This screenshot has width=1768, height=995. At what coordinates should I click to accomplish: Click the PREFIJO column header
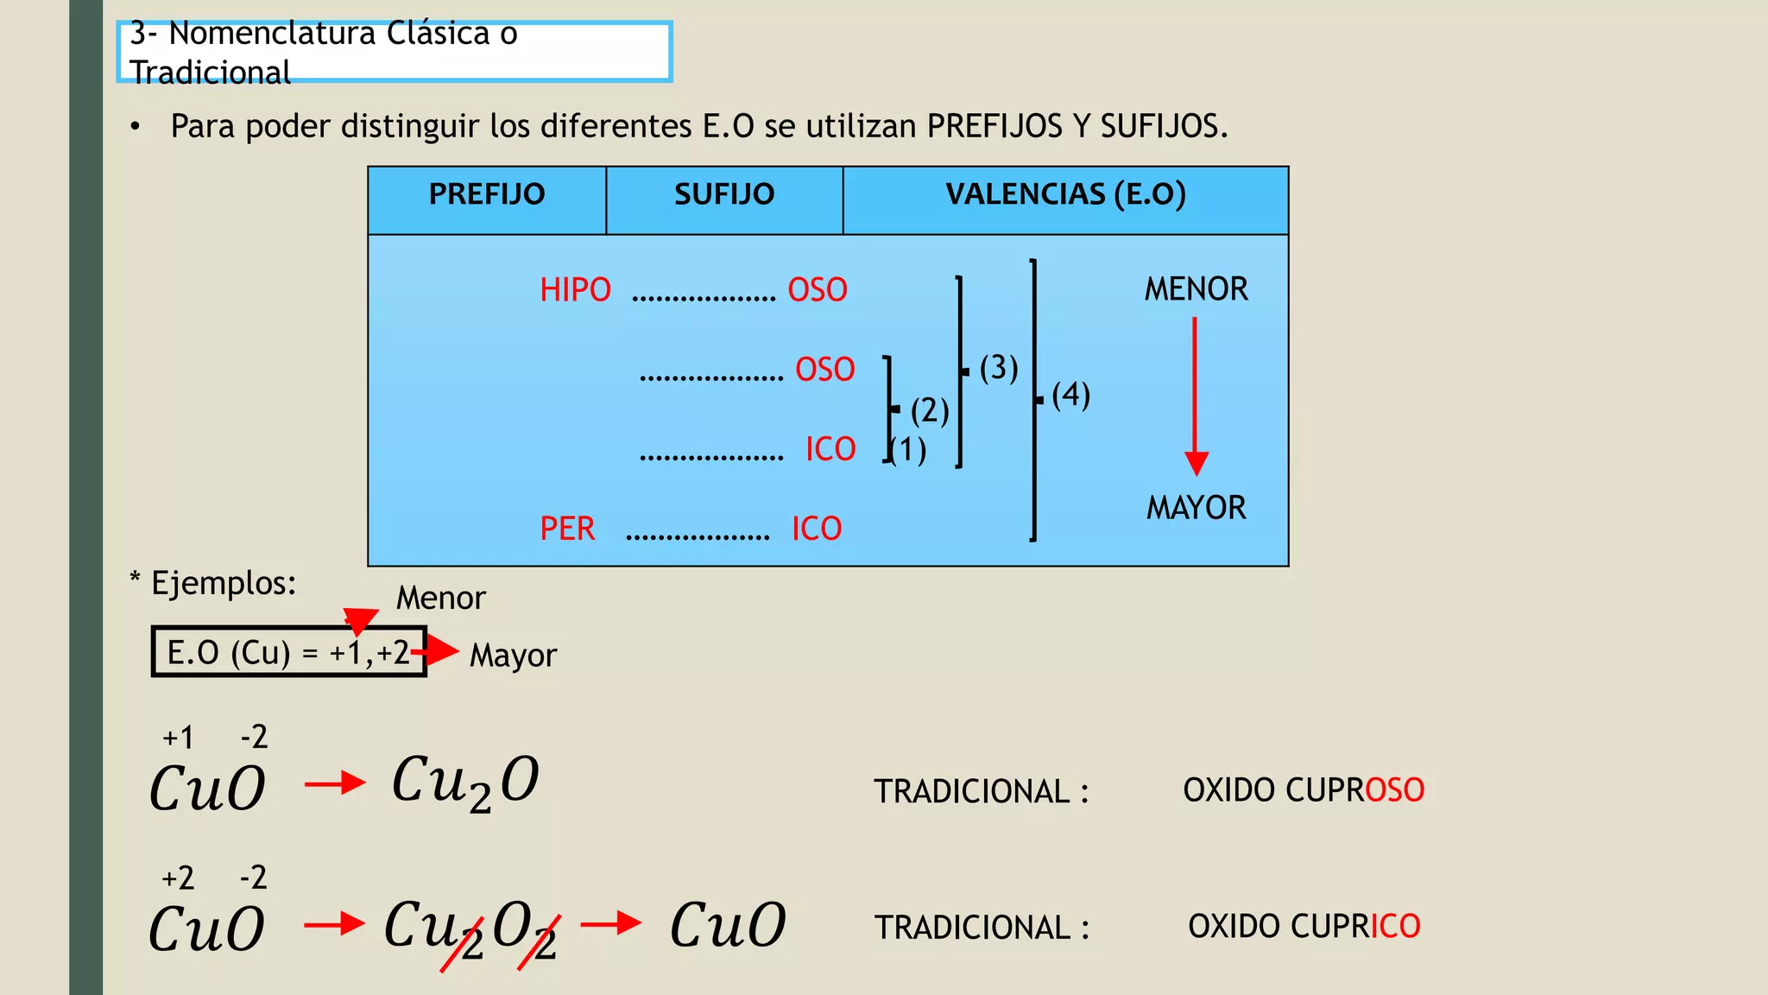click(487, 194)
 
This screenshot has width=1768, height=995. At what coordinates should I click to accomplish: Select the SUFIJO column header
click(724, 194)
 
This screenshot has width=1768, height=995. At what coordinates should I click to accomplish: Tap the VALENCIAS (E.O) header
click(1065, 194)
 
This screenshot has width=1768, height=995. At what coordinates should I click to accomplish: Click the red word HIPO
click(575, 290)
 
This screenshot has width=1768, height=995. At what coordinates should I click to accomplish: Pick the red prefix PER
click(567, 529)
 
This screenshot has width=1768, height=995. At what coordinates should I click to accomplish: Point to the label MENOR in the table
click(1196, 288)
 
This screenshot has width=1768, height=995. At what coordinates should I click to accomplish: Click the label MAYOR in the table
click(1196, 508)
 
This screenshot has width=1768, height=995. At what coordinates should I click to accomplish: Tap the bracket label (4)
click(1071, 395)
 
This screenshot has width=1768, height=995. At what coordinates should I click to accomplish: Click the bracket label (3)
click(999, 368)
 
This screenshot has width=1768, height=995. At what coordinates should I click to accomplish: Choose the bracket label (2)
click(930, 410)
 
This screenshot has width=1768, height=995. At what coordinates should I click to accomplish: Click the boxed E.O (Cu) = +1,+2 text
click(288, 652)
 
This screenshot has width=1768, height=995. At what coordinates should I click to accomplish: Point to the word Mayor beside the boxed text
click(513, 656)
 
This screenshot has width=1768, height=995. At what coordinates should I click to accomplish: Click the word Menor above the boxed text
click(441, 598)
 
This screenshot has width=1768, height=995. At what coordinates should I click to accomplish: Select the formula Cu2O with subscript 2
click(465, 783)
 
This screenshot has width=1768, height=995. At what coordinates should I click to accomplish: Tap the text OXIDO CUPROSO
click(1304, 790)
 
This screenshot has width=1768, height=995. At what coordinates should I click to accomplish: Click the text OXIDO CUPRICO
click(1304, 926)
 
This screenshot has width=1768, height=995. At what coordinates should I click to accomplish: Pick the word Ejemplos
click(224, 583)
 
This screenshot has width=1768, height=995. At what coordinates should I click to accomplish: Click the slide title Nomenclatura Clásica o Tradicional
click(324, 52)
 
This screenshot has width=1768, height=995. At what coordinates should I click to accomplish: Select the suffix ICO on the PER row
click(817, 529)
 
